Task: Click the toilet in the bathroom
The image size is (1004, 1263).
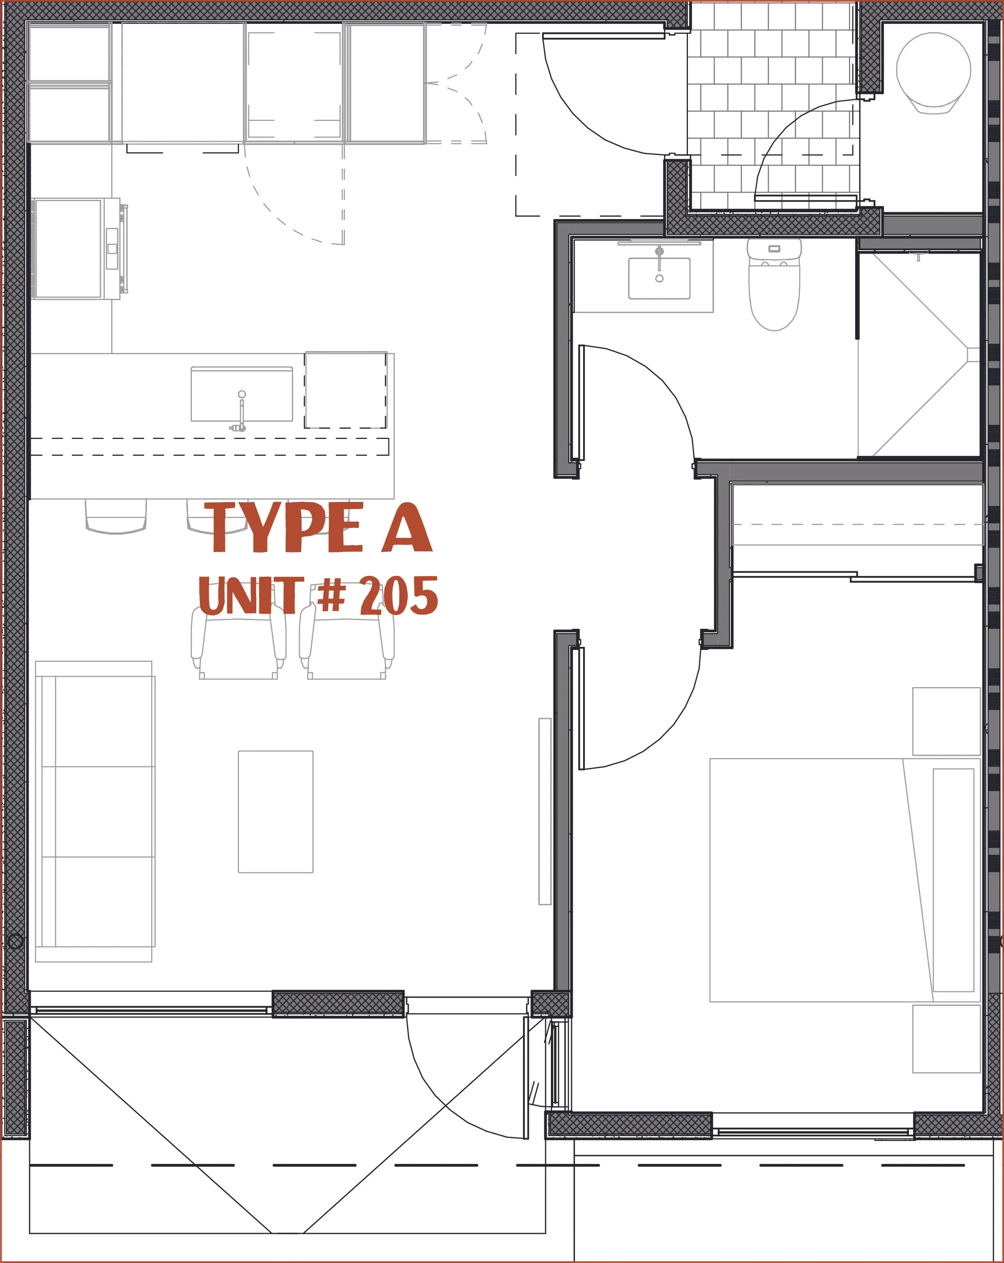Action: click(x=774, y=285)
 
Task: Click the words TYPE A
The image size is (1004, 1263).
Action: click(x=321, y=527)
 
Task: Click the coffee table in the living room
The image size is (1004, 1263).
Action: click(x=275, y=811)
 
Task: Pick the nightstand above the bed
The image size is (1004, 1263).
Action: click(x=947, y=721)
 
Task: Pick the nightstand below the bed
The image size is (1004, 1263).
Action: click(x=947, y=1039)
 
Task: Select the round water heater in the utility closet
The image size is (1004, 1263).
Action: click(x=933, y=72)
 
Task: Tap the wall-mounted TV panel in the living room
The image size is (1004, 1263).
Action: click(x=545, y=811)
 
